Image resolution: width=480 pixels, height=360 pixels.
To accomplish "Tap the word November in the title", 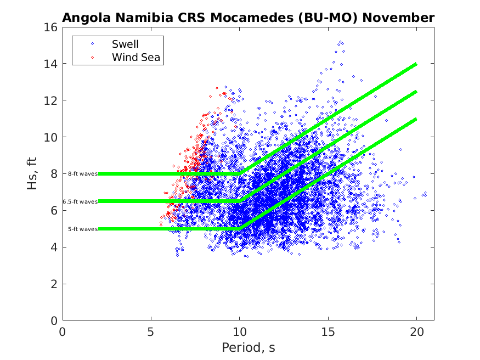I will point(397,18).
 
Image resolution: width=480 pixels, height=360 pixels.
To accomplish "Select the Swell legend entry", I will point(126,44).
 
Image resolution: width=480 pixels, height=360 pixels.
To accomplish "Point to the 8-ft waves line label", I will point(83,173).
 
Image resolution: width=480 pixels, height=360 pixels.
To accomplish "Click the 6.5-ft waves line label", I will point(80,201).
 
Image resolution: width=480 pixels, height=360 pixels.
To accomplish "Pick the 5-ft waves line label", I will point(83,229).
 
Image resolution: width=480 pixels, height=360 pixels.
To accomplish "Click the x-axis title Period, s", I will point(248,347).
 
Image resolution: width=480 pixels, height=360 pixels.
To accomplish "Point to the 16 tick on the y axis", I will point(52,27).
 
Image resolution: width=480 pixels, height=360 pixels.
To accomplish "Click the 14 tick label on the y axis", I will point(52,64).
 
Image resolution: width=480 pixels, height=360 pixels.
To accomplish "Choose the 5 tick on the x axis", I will point(151,331).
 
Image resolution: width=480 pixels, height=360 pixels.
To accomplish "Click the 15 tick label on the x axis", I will point(328,331).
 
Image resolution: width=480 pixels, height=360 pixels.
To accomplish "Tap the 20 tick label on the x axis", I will point(416,331).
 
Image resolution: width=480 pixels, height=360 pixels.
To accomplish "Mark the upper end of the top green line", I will point(416,64).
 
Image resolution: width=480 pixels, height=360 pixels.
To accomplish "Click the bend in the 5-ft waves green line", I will point(240,228).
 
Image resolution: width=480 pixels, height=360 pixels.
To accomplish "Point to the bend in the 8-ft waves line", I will point(240,173).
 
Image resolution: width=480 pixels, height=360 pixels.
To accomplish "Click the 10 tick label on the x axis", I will point(240,331).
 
